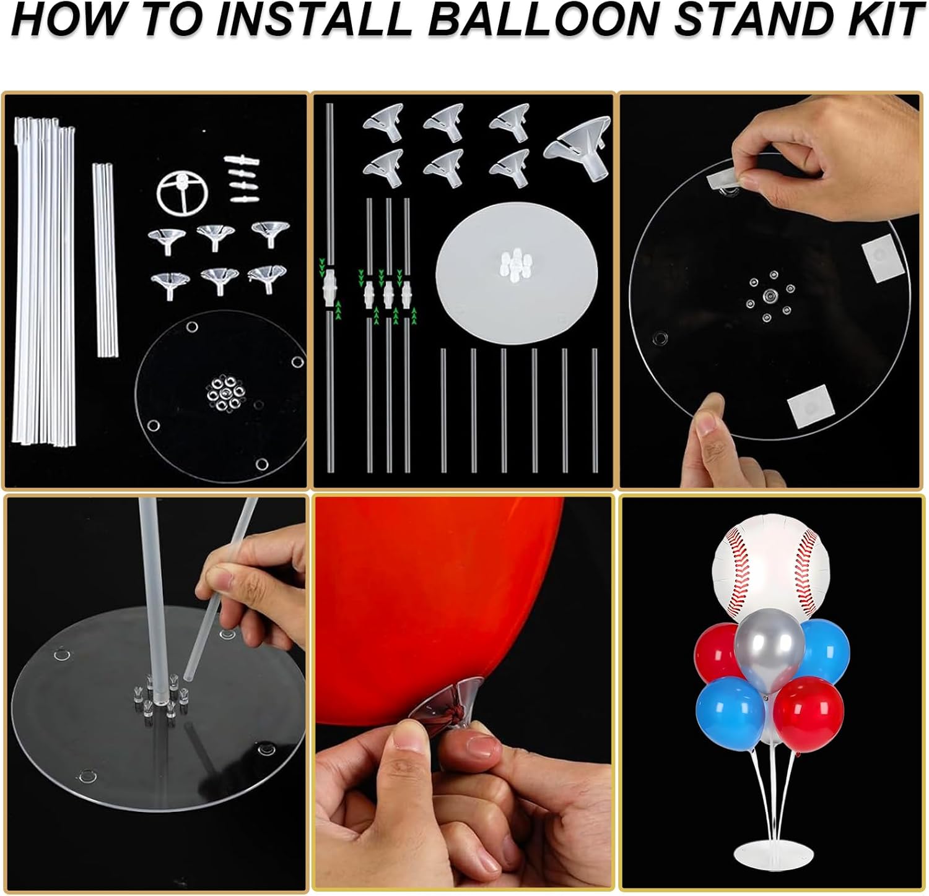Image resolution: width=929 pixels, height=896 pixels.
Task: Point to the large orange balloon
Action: coord(434,594)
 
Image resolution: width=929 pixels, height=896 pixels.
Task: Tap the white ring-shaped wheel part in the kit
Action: coord(182,191)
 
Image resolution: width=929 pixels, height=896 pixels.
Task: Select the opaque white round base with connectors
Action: coord(517,270)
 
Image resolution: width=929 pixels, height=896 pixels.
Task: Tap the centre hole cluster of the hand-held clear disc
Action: coord(770,295)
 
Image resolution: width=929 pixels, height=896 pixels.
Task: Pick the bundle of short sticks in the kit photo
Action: coord(105,260)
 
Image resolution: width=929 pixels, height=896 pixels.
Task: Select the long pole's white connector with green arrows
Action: coord(329,290)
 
